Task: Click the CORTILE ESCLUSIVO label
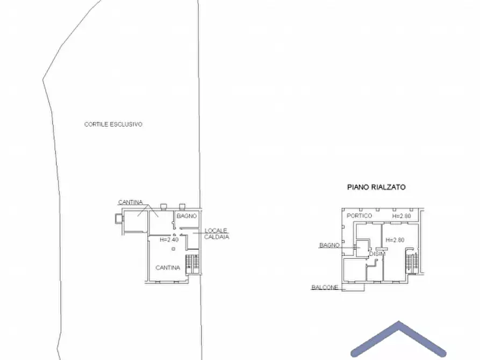click(x=113, y=124)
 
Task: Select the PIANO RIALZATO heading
click(x=376, y=188)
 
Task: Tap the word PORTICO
click(x=360, y=215)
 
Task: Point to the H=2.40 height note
click(x=169, y=240)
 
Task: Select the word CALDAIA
click(x=217, y=236)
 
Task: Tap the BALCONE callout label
click(x=325, y=287)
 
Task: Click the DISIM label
click(x=376, y=254)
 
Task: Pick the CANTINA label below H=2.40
click(x=168, y=268)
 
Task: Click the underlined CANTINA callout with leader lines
click(x=131, y=202)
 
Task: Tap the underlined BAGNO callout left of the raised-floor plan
click(x=328, y=245)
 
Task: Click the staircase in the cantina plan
click(x=192, y=264)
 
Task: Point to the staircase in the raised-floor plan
click(x=411, y=261)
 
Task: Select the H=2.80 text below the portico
click(x=395, y=240)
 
